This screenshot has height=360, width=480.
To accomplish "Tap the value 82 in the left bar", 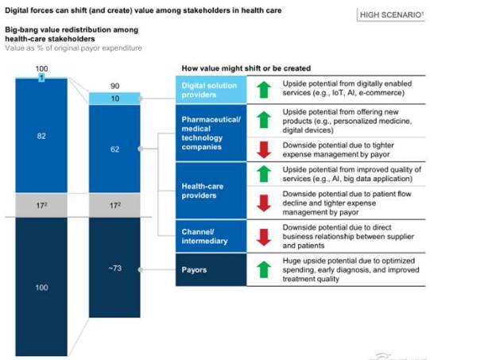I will (x=42, y=136).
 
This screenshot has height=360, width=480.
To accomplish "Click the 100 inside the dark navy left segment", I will (x=42, y=286).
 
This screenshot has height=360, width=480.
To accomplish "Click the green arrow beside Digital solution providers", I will (x=261, y=88).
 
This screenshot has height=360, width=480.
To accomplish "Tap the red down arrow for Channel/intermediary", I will (x=261, y=236).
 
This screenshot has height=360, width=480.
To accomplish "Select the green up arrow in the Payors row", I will (x=261, y=269).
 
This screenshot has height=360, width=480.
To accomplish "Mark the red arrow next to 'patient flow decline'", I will (x=261, y=203).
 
